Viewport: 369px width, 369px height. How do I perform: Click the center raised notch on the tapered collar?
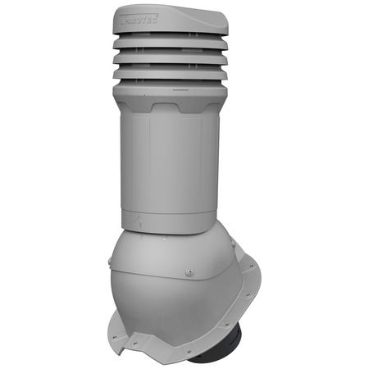[x=185, y=107]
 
